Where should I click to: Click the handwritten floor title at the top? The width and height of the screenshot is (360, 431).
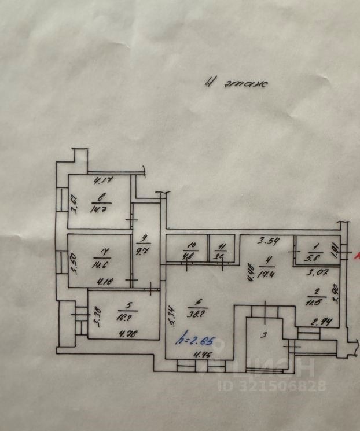tap(236, 83)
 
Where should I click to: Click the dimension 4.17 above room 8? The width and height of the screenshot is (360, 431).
tap(102, 180)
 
